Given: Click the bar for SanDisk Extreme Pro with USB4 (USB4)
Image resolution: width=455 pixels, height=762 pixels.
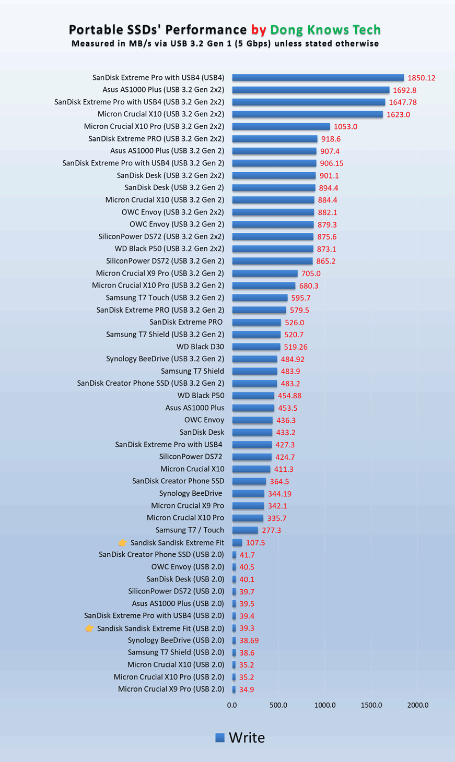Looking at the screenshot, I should point(318,78).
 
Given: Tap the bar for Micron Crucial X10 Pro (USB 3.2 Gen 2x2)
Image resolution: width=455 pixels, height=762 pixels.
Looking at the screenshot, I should point(281,126).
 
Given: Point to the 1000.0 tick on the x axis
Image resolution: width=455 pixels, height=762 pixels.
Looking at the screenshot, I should point(325,705).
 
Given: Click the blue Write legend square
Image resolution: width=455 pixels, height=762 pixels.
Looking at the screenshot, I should point(220,737).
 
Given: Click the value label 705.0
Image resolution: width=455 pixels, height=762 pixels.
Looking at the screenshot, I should point(311,273).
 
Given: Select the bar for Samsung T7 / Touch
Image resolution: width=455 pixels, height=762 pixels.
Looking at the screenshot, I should point(245,530).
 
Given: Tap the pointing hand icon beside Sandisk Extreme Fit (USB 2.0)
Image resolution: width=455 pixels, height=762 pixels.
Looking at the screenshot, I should point(89,628).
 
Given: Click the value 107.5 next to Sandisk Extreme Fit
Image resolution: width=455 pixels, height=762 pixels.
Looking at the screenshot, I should point(255,543).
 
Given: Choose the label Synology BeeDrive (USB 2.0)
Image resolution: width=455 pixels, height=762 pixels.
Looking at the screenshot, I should point(176,640).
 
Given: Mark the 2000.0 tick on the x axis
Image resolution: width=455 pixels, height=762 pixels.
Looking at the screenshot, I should point(417,705).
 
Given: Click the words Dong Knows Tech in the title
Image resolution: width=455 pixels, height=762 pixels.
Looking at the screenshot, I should point(325,30).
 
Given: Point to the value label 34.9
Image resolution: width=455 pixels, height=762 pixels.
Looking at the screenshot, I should point(247,689).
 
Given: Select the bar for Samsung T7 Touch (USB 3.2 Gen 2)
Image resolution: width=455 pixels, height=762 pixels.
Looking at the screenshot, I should point(260,298).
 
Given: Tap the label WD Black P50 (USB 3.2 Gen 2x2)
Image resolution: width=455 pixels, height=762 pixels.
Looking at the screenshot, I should point(169,249).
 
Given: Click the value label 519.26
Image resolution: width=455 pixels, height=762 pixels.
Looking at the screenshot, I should point(296,347).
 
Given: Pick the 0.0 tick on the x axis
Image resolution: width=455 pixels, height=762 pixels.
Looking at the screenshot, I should point(232,705).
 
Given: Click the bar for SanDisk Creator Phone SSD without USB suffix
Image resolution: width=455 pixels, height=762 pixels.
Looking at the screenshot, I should point(249,481).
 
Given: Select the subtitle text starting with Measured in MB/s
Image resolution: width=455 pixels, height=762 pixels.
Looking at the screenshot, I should point(225,43).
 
